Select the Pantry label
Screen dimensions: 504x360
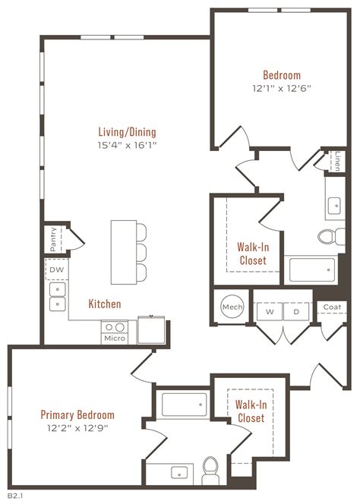tap(53, 239)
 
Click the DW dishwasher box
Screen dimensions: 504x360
tap(56, 269)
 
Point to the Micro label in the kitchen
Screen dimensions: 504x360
tap(115, 338)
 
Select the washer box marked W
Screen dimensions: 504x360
tap(269, 311)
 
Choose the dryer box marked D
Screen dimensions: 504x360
tap(296, 311)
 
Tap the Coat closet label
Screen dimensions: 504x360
tap(332, 307)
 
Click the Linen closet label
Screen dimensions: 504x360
tap(338, 160)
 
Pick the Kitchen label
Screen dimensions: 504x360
tap(105, 304)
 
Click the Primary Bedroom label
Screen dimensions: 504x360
tap(77, 415)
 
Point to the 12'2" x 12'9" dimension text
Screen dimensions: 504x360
tap(77, 427)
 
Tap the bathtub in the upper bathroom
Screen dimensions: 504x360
tap(311, 269)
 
